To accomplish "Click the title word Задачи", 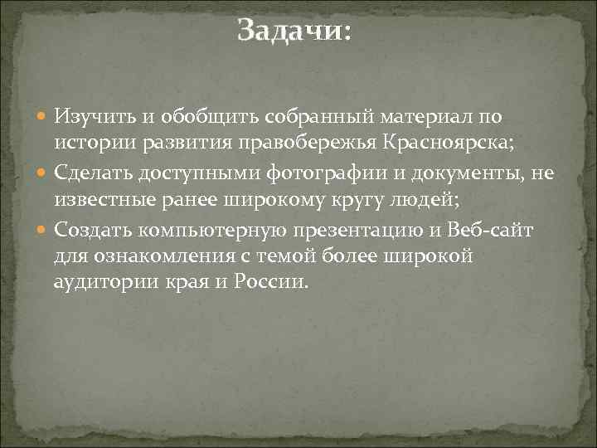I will [294, 32].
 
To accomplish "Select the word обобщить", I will [185, 119].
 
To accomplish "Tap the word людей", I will [419, 199].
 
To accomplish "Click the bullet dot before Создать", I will [45, 229].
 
